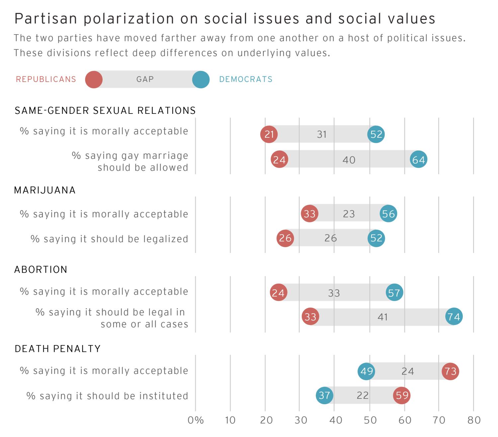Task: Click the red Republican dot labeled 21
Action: coord(269,134)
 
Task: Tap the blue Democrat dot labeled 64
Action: coord(418,160)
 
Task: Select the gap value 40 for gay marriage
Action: coord(349,160)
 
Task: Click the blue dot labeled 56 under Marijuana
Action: coord(388,213)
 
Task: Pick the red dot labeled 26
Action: coord(285,238)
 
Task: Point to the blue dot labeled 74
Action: coord(454,317)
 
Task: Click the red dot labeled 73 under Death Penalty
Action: coord(451,371)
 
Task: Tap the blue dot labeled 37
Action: coord(324,395)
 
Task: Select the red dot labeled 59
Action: coord(402,395)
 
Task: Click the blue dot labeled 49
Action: coord(367,371)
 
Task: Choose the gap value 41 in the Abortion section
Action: coord(383,317)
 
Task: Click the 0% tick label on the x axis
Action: coord(196,420)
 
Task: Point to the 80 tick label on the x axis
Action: coord(474,420)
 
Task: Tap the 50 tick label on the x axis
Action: coord(370,420)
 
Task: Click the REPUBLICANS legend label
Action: coord(46,79)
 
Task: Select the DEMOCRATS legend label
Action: coord(246,79)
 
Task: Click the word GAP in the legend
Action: coord(145,79)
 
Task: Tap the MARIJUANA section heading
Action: coord(45,190)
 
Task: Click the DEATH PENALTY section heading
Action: coord(58,349)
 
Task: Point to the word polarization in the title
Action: coord(129,19)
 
